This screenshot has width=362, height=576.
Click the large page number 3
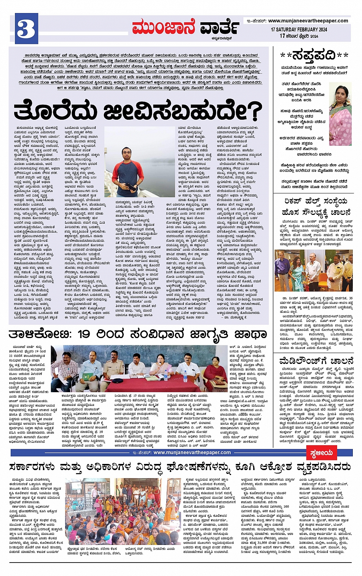(26, 28)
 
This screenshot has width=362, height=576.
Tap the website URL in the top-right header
(308, 21)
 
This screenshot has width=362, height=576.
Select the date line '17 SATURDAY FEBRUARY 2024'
(299, 30)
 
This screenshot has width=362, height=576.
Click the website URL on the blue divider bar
(192, 452)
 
